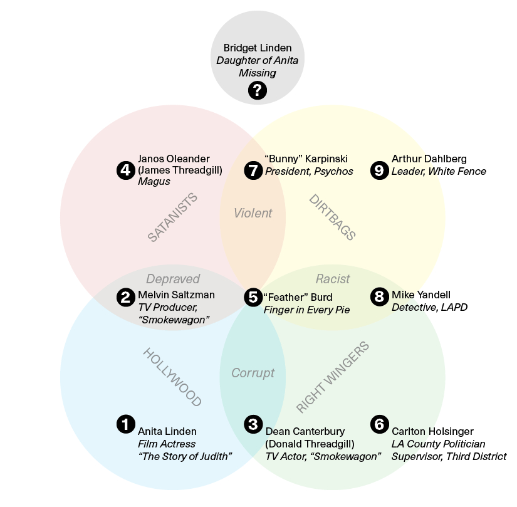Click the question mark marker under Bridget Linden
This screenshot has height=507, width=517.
[x=257, y=91]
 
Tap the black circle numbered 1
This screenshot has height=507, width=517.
[x=126, y=424]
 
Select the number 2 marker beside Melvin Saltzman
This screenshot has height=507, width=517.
[x=126, y=297]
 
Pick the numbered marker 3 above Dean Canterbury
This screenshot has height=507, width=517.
[x=253, y=424]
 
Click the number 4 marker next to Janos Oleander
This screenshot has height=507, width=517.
[x=126, y=170]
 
